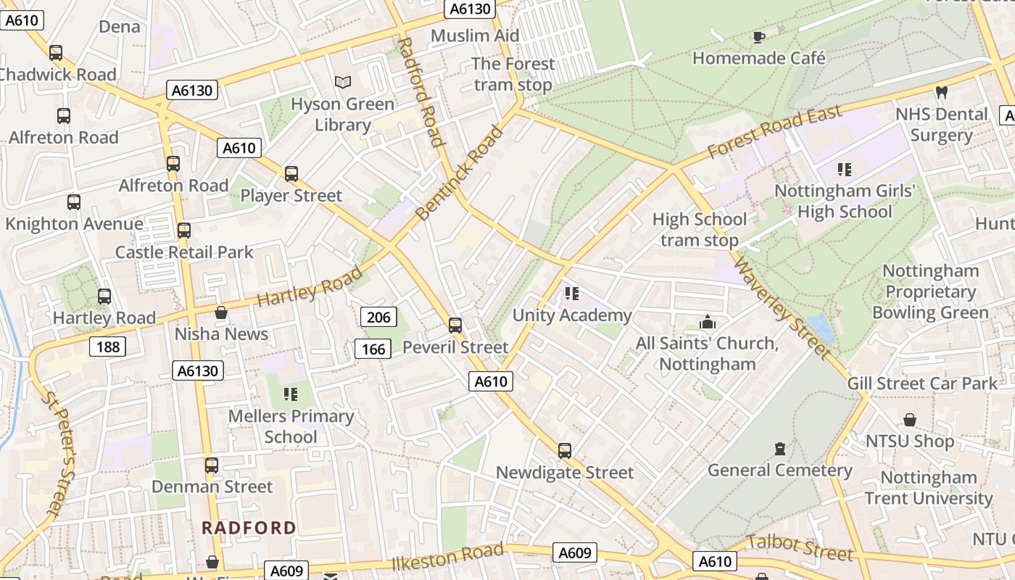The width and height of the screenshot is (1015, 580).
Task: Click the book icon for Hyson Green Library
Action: (x=343, y=83)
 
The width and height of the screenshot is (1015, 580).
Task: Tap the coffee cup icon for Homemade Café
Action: (x=759, y=37)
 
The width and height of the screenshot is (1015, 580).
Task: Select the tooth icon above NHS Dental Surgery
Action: (x=942, y=93)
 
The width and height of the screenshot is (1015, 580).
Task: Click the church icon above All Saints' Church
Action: (x=707, y=322)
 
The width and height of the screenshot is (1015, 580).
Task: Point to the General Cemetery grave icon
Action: (x=779, y=449)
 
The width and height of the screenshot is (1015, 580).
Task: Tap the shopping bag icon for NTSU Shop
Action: (x=909, y=420)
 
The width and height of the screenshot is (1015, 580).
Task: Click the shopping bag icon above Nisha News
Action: (x=221, y=312)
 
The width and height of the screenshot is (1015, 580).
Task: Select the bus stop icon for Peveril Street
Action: (x=455, y=326)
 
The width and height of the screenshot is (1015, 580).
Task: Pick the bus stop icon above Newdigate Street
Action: (x=565, y=451)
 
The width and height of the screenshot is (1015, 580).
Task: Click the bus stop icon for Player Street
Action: (x=291, y=174)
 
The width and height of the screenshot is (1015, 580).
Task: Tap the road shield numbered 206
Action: (x=378, y=317)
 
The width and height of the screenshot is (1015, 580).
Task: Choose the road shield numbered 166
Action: (x=373, y=349)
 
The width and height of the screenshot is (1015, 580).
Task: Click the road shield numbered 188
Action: (x=107, y=347)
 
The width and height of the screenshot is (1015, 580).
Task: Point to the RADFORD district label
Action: (x=249, y=528)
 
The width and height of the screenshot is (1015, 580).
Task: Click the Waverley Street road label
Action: (x=782, y=307)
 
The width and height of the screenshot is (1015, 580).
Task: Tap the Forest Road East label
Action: (x=774, y=131)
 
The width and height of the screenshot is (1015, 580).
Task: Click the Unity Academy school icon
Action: (x=572, y=294)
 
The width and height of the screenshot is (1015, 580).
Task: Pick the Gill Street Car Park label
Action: (x=922, y=384)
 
